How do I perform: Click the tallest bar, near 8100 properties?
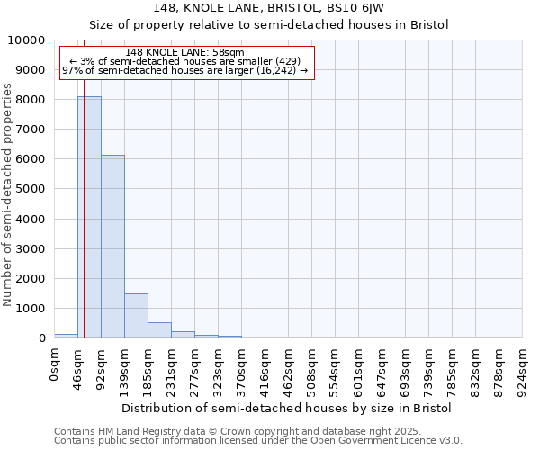tap(89, 217)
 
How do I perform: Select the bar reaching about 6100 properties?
tap(112, 247)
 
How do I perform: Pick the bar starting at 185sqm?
tap(159, 330)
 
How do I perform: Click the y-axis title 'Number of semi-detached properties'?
tap(8, 194)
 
